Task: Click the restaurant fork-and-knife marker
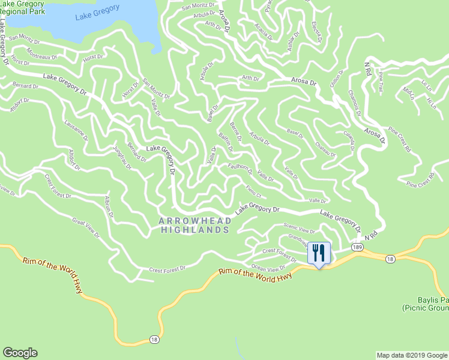(x=319, y=253)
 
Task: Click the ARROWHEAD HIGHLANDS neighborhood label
(x=195, y=226)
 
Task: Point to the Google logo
(x=20, y=353)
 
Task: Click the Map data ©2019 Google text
(x=411, y=355)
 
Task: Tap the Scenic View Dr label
(x=300, y=229)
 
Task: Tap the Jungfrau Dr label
(x=122, y=159)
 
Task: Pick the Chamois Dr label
(x=354, y=103)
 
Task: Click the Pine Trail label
(x=381, y=82)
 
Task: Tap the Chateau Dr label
(x=326, y=150)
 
